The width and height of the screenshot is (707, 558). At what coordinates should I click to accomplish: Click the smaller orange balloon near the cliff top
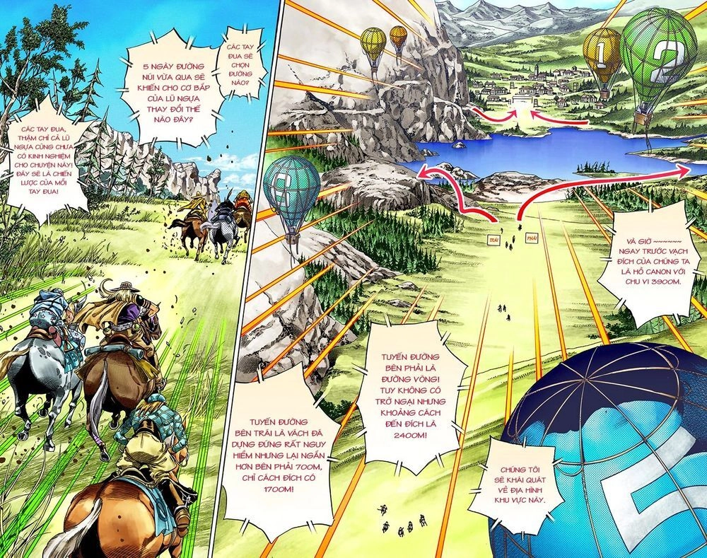tap(398, 37)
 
